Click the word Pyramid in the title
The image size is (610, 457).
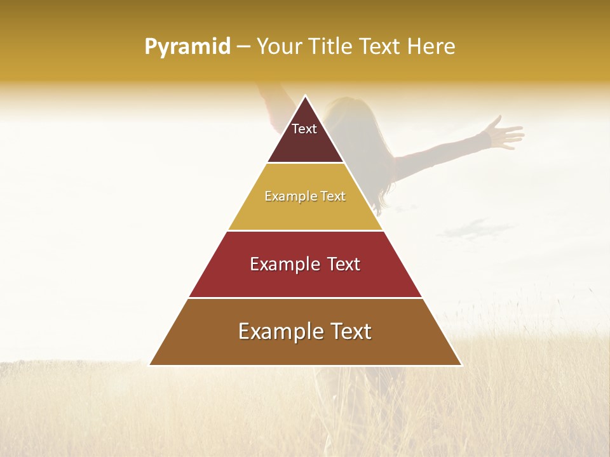pos(187,47)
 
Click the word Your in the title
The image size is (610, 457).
pos(280,47)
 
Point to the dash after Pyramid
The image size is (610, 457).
pos(243,47)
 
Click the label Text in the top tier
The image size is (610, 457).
pos(304,129)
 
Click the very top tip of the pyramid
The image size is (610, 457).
pos(305,96)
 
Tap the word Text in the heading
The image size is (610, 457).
pos(380,47)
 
